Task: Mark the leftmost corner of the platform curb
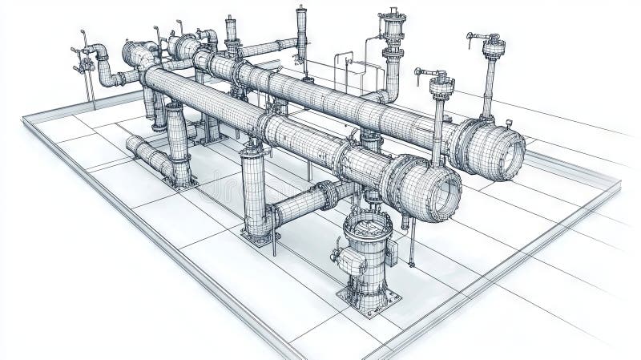tap(23, 119)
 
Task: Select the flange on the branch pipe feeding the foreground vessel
tap(327, 195)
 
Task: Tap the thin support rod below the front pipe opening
tap(411, 245)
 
